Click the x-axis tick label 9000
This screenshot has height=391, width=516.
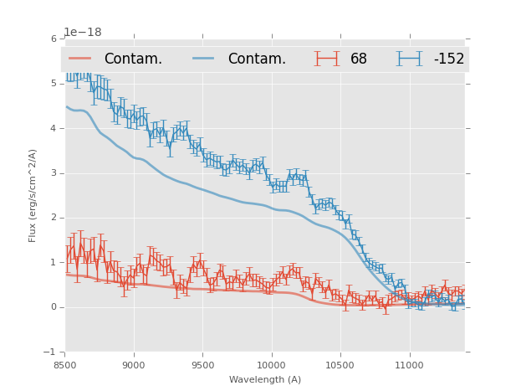coord(134,365)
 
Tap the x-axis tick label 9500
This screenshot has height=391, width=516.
coord(202,365)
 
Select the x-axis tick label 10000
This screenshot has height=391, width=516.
coord(271,365)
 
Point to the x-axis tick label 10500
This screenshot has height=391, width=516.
coord(340,365)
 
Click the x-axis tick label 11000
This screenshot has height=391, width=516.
coord(409,365)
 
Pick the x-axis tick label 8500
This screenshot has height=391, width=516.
coord(65,365)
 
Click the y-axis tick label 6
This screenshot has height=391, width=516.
coord(54,39)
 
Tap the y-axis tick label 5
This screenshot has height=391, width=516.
coord(54,84)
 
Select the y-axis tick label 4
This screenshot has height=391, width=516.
coord(54,129)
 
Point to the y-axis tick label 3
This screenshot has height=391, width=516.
coord(54,173)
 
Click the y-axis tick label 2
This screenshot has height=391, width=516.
coord(54,218)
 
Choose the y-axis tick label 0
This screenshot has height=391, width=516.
coord(54,307)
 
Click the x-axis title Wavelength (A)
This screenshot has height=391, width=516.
coord(265,379)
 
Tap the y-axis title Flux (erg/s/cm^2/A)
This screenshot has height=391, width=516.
coord(33,195)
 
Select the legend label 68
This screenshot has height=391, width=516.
coord(359,59)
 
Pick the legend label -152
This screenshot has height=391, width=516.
coord(448,59)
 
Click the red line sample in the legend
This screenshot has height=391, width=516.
coord(79,59)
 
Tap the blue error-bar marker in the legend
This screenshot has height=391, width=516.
coord(409,59)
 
